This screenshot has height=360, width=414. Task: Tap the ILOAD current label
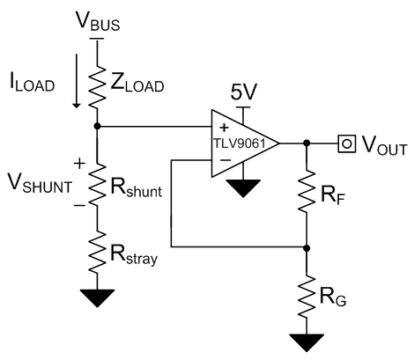(30, 86)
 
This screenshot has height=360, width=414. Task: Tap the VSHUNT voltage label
(41, 186)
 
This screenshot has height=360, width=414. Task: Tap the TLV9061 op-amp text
(240, 143)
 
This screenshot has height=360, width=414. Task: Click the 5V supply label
(243, 91)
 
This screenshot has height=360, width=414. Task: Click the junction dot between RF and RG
(306, 247)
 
